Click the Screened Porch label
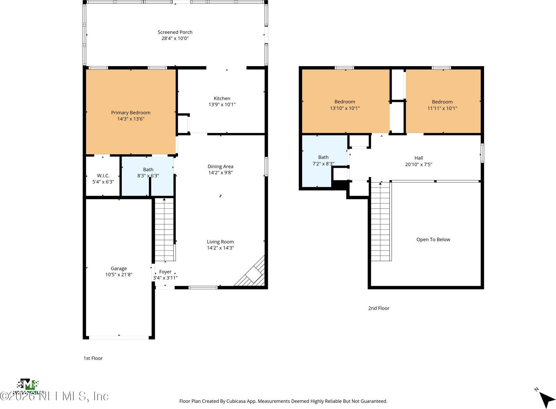click(175, 32)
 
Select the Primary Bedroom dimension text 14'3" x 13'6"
click(131, 119)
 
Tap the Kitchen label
click(222, 98)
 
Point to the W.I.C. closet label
click(103, 176)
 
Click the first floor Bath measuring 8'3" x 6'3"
click(148, 173)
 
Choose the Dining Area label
click(220, 167)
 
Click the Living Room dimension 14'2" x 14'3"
click(220, 248)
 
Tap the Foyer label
click(165, 272)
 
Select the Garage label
click(118, 268)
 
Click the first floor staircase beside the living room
click(164, 230)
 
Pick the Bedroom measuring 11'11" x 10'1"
click(442, 105)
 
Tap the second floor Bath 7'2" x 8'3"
click(323, 160)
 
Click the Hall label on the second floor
click(418, 158)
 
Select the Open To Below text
click(433, 239)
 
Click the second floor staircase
click(381, 223)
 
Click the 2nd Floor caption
click(378, 308)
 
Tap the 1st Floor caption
click(93, 358)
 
